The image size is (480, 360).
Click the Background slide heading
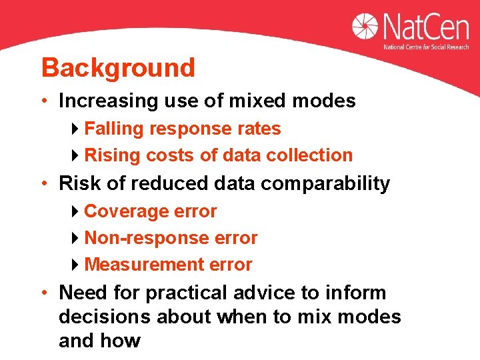point(118,68)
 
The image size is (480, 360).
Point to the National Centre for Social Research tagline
point(426,47)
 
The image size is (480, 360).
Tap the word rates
point(261,129)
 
